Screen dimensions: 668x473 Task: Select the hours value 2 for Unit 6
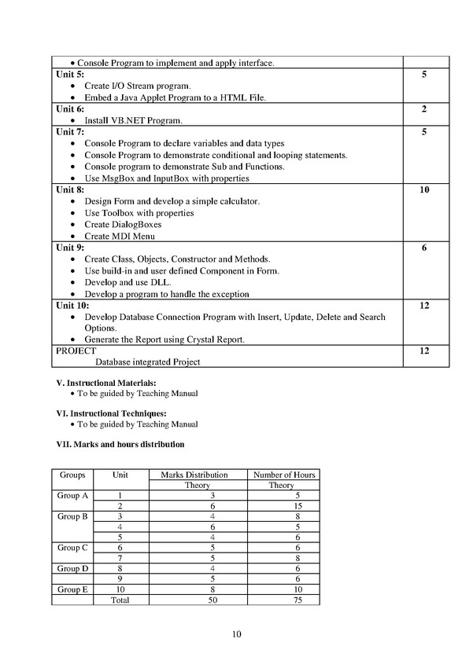coord(424,108)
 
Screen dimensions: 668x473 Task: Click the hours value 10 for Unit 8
coord(424,190)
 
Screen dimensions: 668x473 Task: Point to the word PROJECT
coord(75,351)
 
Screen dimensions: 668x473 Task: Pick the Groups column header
coord(72,475)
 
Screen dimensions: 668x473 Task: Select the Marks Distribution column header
coord(194,475)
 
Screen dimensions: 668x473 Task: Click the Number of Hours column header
coord(283,475)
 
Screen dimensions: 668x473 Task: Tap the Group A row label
coord(72,496)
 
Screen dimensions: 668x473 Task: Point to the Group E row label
coord(72,589)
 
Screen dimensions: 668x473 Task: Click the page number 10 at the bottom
coord(237,635)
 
